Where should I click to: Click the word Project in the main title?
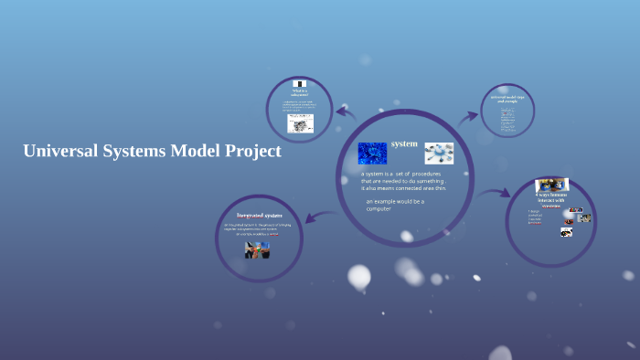pos(250,153)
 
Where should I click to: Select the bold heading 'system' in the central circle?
pos(404,144)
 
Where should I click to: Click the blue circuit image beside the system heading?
pos(372,152)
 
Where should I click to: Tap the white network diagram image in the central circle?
pos(439,153)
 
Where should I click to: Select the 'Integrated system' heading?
pos(259,216)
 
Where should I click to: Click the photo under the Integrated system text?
pos(258,249)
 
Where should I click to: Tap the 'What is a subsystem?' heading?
pos(300,92)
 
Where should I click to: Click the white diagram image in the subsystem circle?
pos(300,123)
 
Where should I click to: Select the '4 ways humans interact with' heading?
pos(551,198)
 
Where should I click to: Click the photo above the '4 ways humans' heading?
pos(552,185)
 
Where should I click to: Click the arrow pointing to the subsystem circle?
pos(345,112)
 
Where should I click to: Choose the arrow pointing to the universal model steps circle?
pos(471,116)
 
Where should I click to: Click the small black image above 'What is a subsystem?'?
pos(300,83)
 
